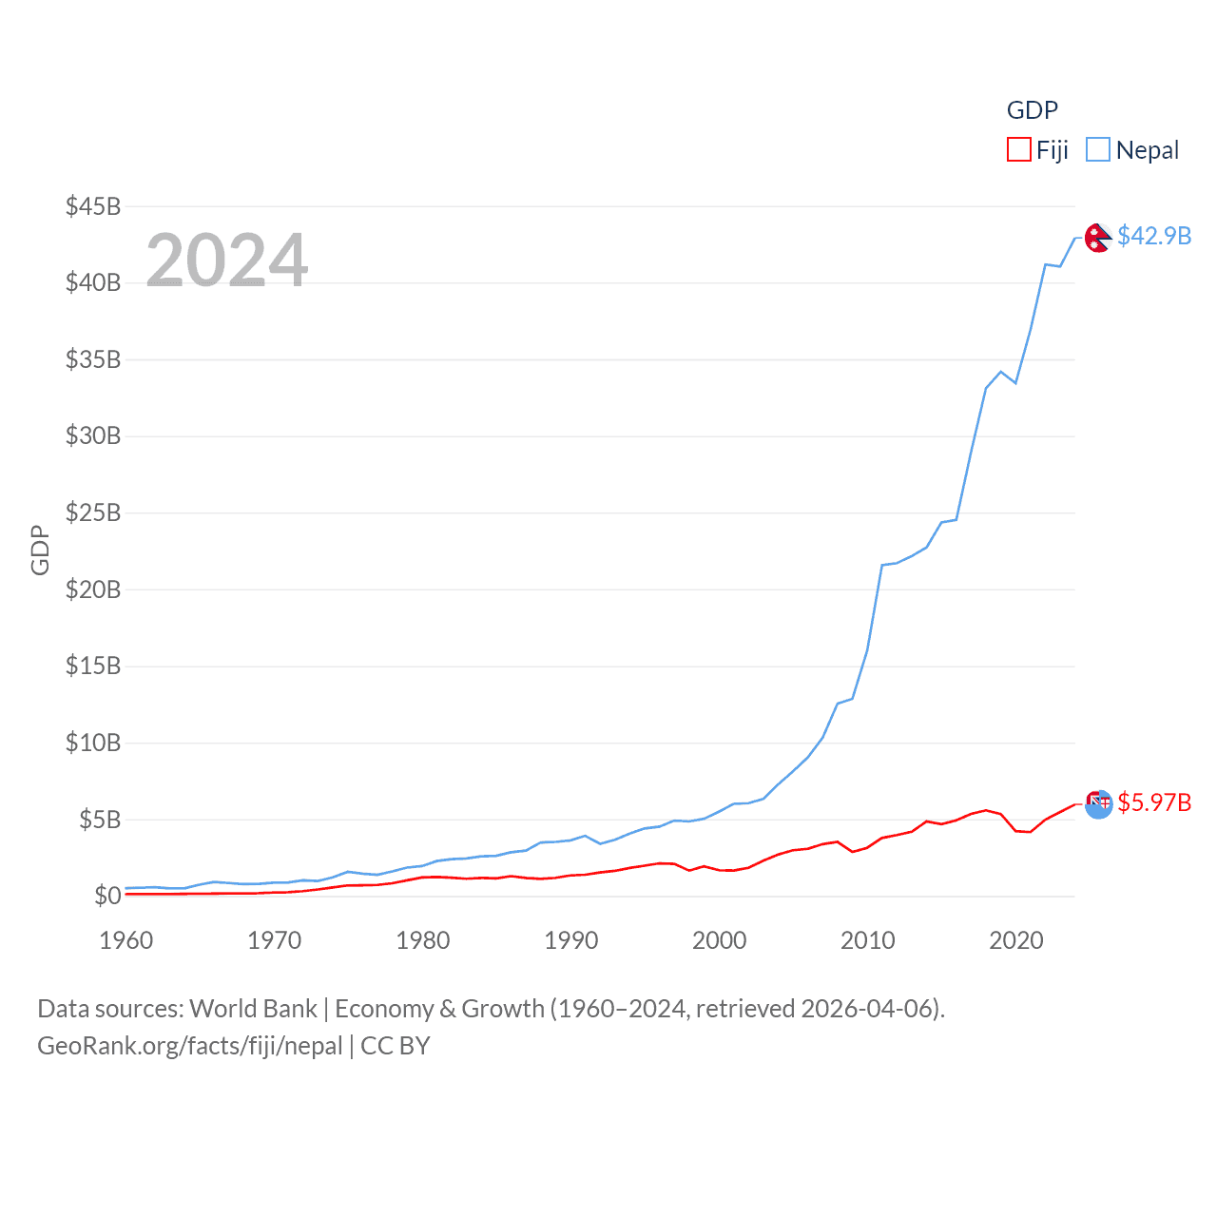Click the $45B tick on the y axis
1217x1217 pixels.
pyautogui.click(x=93, y=206)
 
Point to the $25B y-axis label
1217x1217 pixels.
pyautogui.click(x=93, y=512)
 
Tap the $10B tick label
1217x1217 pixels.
pyautogui.click(x=93, y=743)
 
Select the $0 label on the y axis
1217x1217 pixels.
pyautogui.click(x=107, y=896)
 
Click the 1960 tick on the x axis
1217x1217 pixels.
pyautogui.click(x=126, y=940)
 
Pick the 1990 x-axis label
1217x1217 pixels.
pyautogui.click(x=571, y=940)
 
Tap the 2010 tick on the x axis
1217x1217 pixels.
pyautogui.click(x=868, y=940)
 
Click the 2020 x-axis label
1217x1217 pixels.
pyautogui.click(x=1016, y=940)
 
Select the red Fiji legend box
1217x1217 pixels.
pyautogui.click(x=1019, y=150)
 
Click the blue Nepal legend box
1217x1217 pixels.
pyautogui.click(x=1098, y=150)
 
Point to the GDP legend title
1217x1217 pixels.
pyautogui.click(x=1033, y=110)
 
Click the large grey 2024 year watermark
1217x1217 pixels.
pyautogui.click(x=227, y=260)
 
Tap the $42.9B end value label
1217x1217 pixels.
pyautogui.click(x=1154, y=236)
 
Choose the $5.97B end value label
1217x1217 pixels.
pyautogui.click(x=1154, y=802)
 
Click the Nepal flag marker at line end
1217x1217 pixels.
pyautogui.click(x=1098, y=238)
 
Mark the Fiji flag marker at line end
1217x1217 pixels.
pyautogui.click(x=1098, y=804)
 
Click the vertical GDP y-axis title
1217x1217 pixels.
pyautogui.click(x=40, y=550)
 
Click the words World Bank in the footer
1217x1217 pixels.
pyautogui.click(x=254, y=1009)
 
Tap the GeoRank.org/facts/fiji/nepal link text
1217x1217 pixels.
pyautogui.click(x=190, y=1046)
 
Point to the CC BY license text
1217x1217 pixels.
pyautogui.click(x=396, y=1046)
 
